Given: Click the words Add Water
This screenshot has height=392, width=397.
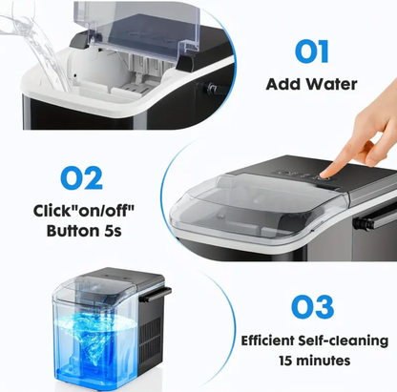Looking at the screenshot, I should coord(312,84).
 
